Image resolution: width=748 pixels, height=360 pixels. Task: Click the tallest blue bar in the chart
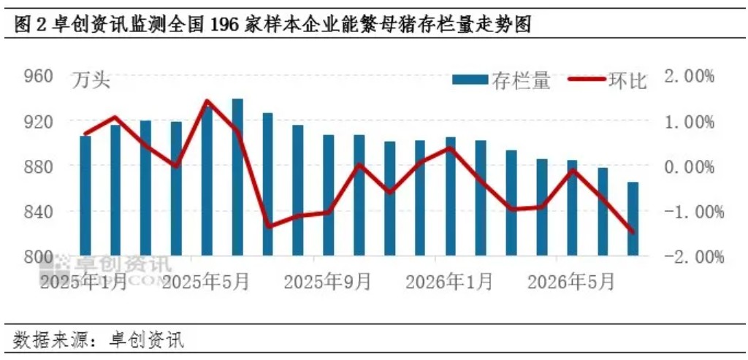click(x=237, y=177)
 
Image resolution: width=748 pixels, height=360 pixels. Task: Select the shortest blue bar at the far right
click(x=633, y=219)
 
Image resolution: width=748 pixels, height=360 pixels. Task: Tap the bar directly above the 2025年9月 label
click(x=329, y=195)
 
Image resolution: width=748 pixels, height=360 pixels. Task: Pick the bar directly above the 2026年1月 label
click(x=450, y=196)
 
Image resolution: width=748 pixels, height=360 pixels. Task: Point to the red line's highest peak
click(x=207, y=101)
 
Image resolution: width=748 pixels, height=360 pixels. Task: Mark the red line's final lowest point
click(x=633, y=232)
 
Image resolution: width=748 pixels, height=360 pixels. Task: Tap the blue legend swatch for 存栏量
click(x=470, y=80)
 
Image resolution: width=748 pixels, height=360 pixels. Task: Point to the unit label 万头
click(x=91, y=80)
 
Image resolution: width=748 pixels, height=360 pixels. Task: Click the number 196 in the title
click(x=222, y=26)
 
